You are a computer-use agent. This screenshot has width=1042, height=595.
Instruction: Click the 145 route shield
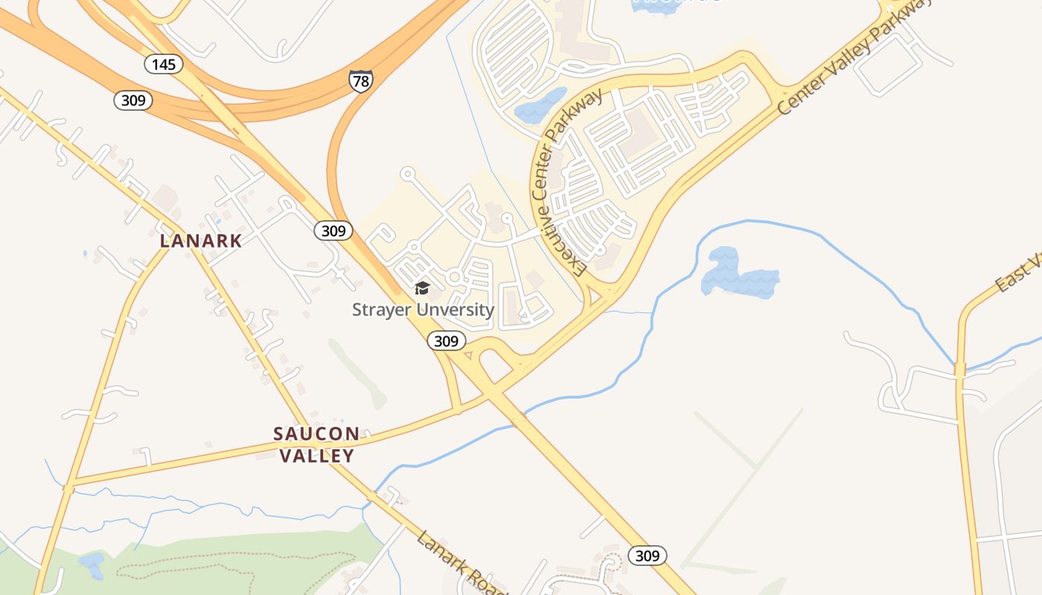164,64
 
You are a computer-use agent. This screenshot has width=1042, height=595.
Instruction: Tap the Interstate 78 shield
360,80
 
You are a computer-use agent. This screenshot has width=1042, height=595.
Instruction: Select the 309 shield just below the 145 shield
133,100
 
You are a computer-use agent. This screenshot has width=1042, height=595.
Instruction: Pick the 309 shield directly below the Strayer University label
446,341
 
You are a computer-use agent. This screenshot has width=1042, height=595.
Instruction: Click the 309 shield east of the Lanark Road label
647,555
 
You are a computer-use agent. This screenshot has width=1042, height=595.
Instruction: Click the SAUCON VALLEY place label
316,444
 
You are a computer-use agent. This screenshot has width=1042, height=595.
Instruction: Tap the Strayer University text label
423,309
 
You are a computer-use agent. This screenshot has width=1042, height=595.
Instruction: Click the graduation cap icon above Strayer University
422,289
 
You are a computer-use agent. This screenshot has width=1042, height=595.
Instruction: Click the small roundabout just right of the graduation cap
454,277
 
